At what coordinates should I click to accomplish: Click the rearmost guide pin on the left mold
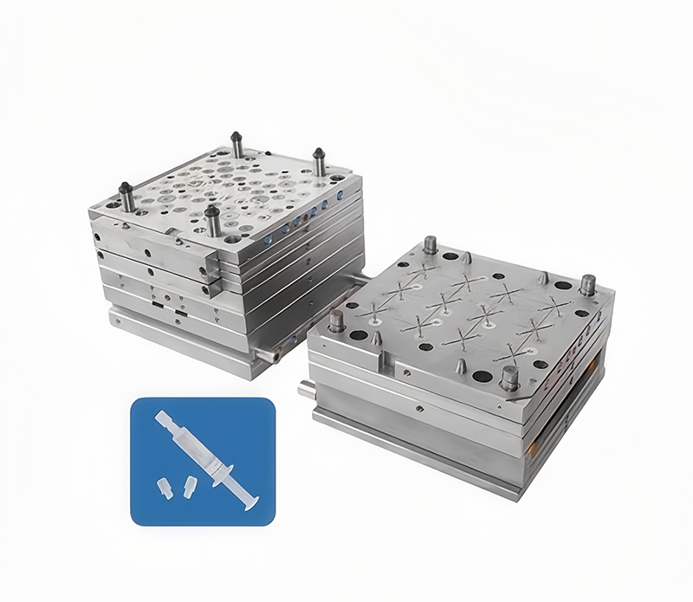click(x=236, y=144)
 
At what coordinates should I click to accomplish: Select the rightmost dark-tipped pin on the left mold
click(x=318, y=162)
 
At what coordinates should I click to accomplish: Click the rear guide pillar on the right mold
click(x=430, y=245)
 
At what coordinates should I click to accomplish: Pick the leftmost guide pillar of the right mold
click(x=336, y=321)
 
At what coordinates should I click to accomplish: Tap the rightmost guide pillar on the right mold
click(x=587, y=284)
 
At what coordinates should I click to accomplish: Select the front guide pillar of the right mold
click(x=509, y=377)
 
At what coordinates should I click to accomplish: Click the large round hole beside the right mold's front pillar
click(x=483, y=374)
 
